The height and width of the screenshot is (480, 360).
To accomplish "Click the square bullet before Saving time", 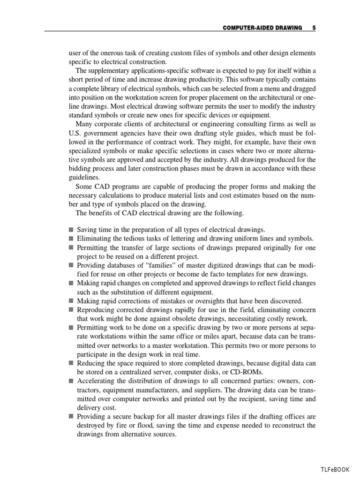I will click(71, 230).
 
